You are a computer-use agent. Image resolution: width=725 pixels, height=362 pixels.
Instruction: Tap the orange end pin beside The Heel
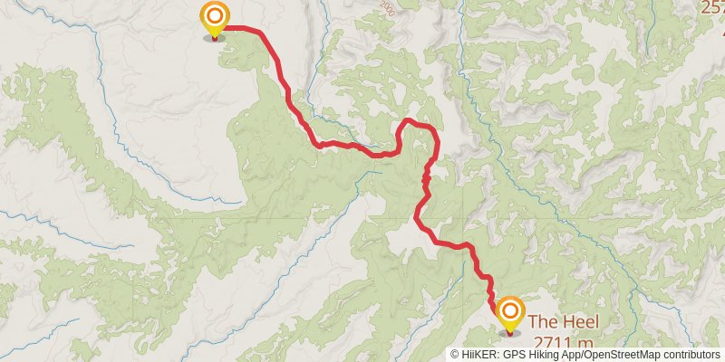509,313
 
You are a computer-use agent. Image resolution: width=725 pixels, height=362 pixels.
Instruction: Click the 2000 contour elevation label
388,9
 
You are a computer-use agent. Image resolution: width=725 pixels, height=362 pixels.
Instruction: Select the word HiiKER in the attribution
478,356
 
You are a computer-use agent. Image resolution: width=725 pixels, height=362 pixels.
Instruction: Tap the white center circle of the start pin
214,15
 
